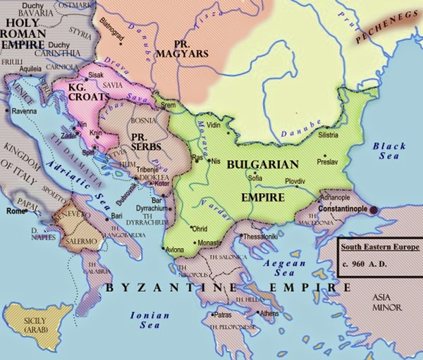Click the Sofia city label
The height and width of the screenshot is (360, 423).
255,178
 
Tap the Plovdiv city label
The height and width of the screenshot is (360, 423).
295,181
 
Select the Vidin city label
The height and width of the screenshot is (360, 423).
214,124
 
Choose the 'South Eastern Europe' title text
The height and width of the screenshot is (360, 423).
379,247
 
